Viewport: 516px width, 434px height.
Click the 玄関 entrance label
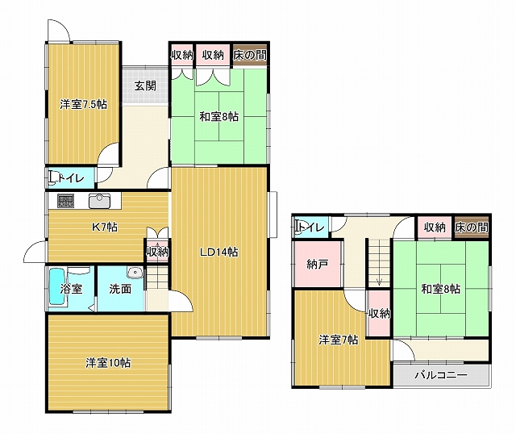click(x=145, y=86)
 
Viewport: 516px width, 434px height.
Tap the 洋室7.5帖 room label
click(x=83, y=104)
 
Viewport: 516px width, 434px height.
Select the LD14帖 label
click(x=219, y=252)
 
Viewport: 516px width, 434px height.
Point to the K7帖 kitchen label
click(x=104, y=227)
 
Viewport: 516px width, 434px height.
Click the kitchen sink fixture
click(x=100, y=201)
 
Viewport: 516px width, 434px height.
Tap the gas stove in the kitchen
click(x=66, y=201)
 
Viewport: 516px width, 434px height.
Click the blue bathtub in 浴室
click(x=57, y=287)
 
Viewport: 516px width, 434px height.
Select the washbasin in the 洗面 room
click(x=135, y=273)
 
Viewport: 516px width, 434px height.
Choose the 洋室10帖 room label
click(x=108, y=362)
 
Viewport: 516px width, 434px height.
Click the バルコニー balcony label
click(x=441, y=375)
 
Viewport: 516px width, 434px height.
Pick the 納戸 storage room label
click(x=317, y=264)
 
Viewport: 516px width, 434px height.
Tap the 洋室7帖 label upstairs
click(x=339, y=340)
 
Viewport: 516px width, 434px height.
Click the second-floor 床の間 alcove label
click(x=472, y=227)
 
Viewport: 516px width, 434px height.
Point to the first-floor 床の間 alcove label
click(x=250, y=55)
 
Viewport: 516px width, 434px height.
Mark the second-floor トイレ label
click(x=311, y=227)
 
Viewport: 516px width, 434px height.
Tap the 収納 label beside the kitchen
click(x=157, y=252)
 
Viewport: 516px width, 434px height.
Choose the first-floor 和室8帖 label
click(x=219, y=117)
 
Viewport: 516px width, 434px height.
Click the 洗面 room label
click(x=120, y=289)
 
